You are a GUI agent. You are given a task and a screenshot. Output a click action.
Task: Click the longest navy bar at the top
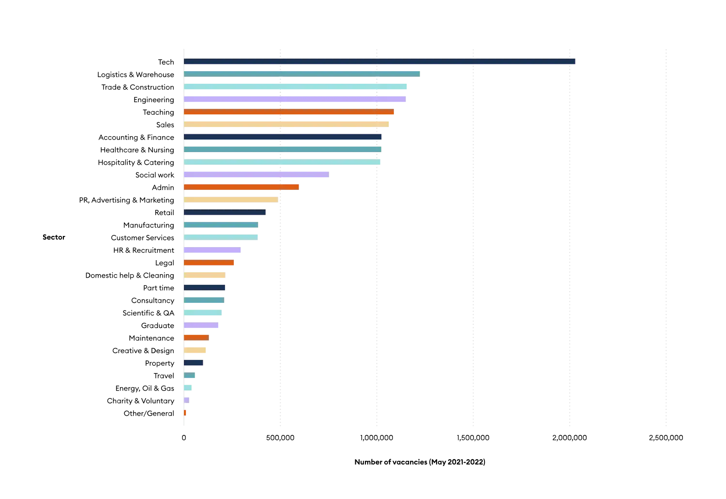click(x=379, y=62)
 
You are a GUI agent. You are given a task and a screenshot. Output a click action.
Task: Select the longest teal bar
click(x=302, y=74)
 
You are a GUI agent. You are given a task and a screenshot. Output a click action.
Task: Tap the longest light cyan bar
click(x=295, y=87)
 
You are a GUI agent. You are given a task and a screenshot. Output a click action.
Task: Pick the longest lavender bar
click(x=295, y=99)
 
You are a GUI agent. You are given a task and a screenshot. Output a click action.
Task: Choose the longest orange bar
click(x=289, y=112)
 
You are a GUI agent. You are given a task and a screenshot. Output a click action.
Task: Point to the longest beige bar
click(x=287, y=125)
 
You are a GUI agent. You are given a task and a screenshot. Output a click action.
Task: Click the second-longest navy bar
click(x=283, y=137)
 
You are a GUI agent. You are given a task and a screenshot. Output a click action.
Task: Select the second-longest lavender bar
click(x=257, y=174)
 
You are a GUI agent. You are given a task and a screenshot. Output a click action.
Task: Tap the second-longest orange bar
click(x=242, y=187)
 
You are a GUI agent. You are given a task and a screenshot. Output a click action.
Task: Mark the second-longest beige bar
click(x=231, y=200)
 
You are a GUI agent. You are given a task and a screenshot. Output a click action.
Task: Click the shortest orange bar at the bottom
click(x=185, y=413)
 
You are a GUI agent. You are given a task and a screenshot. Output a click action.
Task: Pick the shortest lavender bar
click(x=187, y=400)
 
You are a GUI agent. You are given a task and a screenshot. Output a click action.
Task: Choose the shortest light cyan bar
click(x=188, y=388)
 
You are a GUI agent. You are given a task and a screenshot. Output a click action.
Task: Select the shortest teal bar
click(x=190, y=375)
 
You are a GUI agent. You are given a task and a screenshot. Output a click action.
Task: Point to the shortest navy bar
click(x=194, y=363)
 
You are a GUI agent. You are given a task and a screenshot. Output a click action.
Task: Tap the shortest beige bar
click(x=195, y=350)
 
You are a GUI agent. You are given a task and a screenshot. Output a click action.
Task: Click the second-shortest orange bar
click(x=197, y=338)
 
